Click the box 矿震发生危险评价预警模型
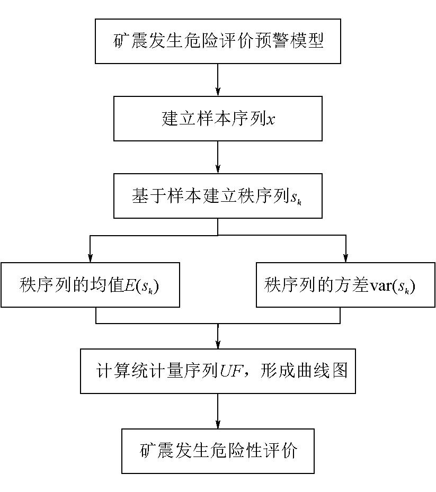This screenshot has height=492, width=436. point(218,41)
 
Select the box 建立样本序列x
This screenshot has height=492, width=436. point(218,119)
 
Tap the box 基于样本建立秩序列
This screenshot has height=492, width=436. point(218,196)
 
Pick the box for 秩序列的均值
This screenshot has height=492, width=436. point(90,285)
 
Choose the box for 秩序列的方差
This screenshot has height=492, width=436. point(345,285)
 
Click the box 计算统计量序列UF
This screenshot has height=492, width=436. point(218,371)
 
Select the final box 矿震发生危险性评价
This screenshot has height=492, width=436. point(218,451)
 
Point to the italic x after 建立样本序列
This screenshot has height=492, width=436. point(271,120)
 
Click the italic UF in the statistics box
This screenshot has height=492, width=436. point(230,371)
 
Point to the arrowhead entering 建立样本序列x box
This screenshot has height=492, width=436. point(218,91)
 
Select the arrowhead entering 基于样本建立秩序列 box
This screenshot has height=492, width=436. point(218,169)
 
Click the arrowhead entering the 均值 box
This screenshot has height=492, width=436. point(90,257)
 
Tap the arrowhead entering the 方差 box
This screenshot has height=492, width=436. point(345,257)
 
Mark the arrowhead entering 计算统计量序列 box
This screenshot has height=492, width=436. point(218,344)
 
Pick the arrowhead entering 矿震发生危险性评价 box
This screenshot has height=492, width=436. point(218,424)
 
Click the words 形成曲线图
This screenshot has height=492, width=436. point(304,371)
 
